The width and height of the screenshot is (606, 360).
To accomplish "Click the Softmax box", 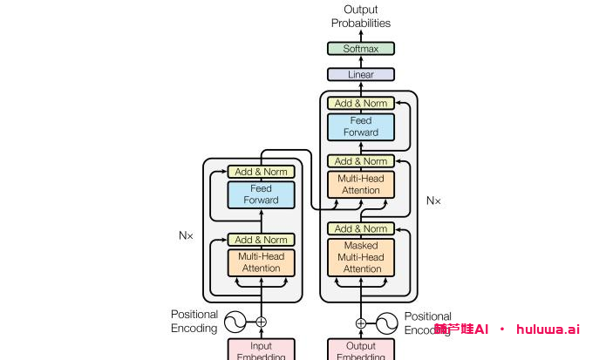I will click(361, 49).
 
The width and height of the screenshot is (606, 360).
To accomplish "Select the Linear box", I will click(361, 75).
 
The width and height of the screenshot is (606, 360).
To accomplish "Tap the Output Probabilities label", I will click(361, 17).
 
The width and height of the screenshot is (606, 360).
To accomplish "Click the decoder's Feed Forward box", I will click(361, 126).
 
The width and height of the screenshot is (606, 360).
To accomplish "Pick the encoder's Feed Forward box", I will click(261, 194).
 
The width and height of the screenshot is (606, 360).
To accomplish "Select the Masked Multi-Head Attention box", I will click(361, 257).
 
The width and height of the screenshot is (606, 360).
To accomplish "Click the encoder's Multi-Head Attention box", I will click(261, 262).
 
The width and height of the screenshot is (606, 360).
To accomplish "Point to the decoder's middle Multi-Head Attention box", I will click(361, 185).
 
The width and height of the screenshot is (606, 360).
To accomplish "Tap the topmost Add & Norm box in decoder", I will click(361, 104).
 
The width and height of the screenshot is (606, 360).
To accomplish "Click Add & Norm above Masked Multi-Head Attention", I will click(361, 229).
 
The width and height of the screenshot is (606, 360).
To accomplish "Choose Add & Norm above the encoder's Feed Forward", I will click(261, 172).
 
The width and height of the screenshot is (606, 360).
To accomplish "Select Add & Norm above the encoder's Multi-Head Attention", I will click(261, 240).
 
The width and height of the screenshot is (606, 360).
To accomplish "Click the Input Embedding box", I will click(261, 350).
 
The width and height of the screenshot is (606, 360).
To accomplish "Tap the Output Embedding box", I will click(361, 350).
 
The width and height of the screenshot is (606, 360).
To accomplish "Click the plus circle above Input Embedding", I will click(261, 322).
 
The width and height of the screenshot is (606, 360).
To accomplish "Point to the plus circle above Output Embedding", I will click(361, 323).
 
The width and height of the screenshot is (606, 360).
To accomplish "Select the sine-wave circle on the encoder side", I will click(235, 322).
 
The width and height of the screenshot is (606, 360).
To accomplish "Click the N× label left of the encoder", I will click(187, 235).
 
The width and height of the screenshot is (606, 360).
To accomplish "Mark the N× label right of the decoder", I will click(433, 200).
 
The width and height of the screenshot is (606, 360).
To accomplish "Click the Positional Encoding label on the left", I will click(194, 322).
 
